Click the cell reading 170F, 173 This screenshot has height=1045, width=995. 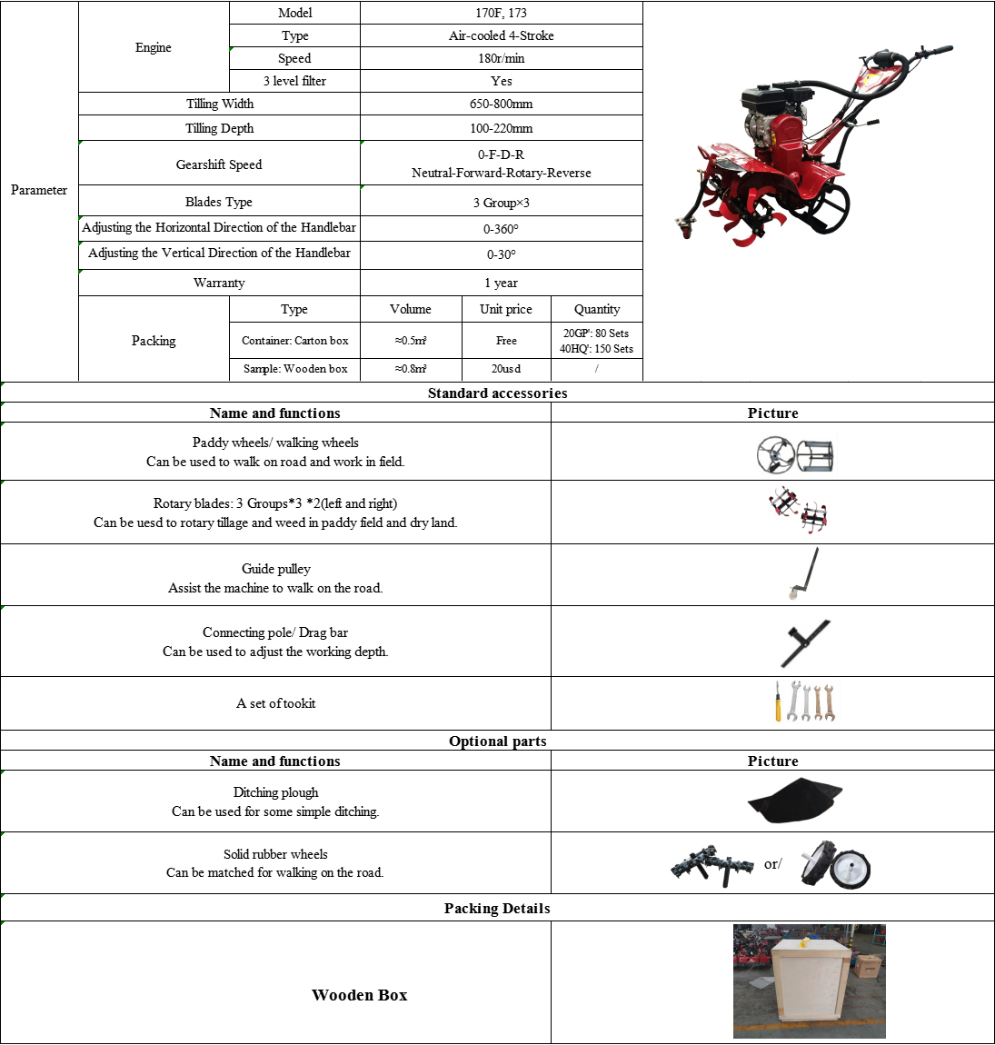point(501,13)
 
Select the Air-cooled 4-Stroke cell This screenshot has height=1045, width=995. point(501,35)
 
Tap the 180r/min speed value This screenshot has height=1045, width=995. point(501,58)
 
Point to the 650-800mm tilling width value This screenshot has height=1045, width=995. point(501,104)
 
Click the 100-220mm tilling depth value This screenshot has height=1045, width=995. point(501,128)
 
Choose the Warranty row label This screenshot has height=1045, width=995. point(219,283)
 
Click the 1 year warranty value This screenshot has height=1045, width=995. point(501,283)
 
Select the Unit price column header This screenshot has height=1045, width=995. point(506,309)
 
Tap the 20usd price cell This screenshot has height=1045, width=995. point(506,369)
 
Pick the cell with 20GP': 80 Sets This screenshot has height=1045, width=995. point(596,333)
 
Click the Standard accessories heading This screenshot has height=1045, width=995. point(497,393)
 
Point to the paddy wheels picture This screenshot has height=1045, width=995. point(794,454)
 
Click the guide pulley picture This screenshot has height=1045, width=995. point(803,574)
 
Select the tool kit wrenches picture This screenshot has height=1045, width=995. point(804,702)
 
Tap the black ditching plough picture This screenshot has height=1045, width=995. point(794,801)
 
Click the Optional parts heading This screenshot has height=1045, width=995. point(497,741)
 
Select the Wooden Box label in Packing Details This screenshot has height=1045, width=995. point(359,995)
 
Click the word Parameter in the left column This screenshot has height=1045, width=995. point(39,190)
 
